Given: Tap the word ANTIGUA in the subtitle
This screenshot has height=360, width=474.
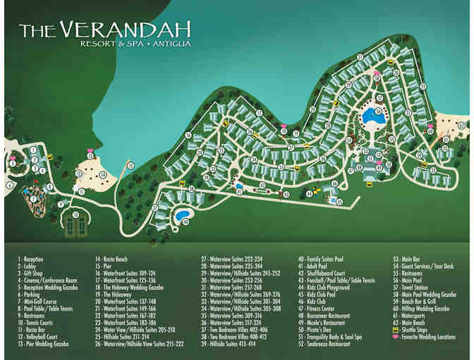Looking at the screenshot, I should [176, 45].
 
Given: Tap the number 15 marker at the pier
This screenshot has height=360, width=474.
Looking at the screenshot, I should [130, 165].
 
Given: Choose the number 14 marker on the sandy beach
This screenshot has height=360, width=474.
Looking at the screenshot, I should [103, 174].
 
